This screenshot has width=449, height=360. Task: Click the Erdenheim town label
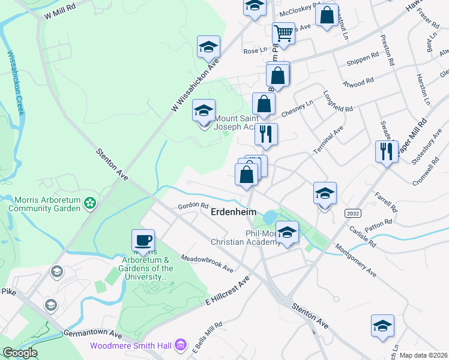click(233, 212)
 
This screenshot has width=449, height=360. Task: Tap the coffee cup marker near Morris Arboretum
click(143, 241)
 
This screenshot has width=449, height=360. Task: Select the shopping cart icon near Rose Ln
click(283, 34)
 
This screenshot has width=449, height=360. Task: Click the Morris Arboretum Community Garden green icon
click(90, 203)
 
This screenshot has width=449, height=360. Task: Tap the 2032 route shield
click(353, 213)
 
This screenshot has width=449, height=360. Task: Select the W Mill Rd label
click(60, 13)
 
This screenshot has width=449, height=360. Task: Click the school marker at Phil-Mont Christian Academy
click(288, 233)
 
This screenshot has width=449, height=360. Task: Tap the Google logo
click(20, 353)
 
